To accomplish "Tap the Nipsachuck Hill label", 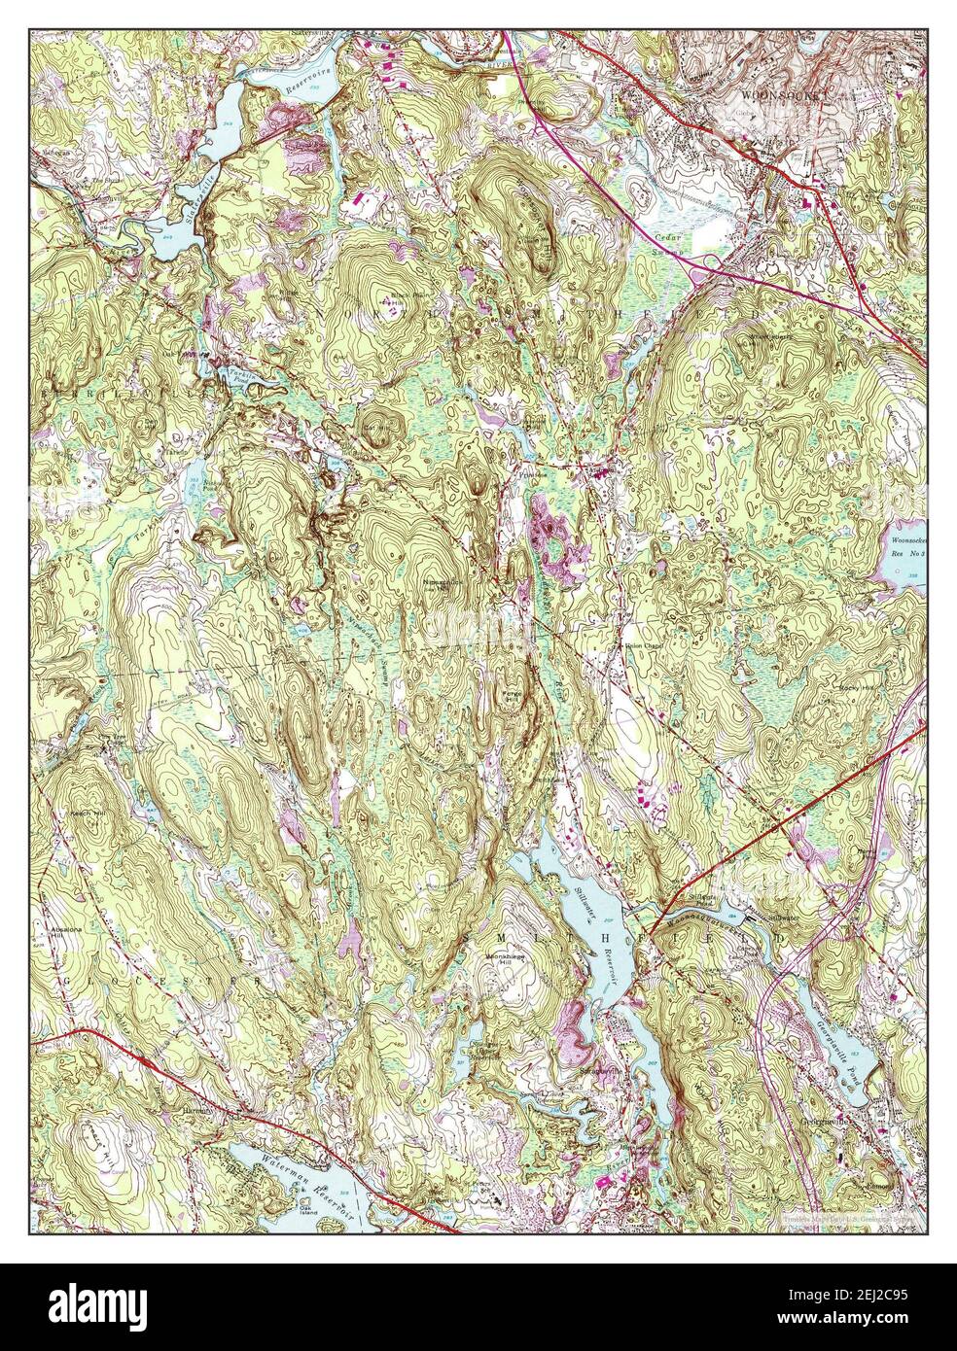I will pyautogui.click(x=440, y=585).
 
